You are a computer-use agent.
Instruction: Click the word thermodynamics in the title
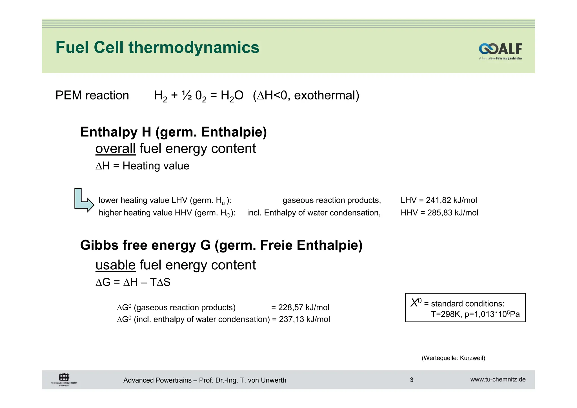(x=194, y=47)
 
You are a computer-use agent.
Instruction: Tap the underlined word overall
(x=115, y=148)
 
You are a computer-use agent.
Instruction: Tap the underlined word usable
(x=115, y=265)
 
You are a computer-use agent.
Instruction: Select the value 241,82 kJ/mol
(x=451, y=200)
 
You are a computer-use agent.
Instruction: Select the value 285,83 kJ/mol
(x=452, y=213)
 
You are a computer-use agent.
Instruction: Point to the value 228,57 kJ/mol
(x=303, y=307)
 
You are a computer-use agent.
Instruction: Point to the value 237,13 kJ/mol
(x=304, y=320)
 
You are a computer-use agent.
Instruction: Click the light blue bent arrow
(x=83, y=200)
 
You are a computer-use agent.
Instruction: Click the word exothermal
(x=326, y=96)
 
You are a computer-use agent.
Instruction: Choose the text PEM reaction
(x=92, y=96)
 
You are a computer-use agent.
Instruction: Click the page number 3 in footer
(x=411, y=380)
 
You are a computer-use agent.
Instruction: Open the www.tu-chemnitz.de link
(x=498, y=380)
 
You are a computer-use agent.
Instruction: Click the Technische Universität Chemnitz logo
(x=64, y=380)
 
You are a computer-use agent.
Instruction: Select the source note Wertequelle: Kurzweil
(x=453, y=358)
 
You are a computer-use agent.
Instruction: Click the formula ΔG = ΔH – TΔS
(x=133, y=282)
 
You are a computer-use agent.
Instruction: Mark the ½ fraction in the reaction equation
(x=187, y=96)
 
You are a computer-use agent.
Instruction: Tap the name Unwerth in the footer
(x=273, y=380)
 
